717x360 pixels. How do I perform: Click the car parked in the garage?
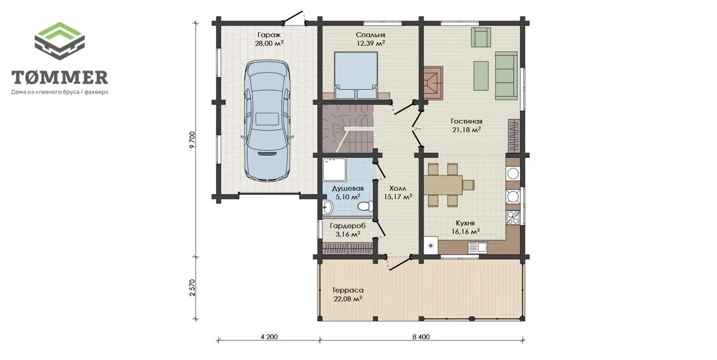coord(267,121)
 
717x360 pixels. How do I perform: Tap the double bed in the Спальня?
coord(356,76)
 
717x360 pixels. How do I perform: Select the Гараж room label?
coord(269,35)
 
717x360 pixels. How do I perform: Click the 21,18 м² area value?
coord(467,129)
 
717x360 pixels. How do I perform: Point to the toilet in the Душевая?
coord(365,206)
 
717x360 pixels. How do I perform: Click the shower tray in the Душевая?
coord(334,170)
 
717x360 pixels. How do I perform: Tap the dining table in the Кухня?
coord(443,185)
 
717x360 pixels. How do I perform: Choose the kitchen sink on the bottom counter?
coord(478,247)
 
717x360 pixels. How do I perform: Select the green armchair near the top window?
coord(481,37)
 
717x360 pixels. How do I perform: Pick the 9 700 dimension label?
coord(192,139)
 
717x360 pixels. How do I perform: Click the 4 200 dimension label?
coord(269,336)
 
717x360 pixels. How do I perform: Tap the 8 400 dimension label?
coord(421,336)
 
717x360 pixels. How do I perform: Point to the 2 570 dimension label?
coord(192,288)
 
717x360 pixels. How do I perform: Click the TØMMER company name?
coord(59,77)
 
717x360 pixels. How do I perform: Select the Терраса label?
coord(348,290)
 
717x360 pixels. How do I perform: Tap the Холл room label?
coord(398,188)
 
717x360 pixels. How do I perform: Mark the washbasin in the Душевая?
coord(328,207)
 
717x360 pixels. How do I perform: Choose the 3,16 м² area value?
coord(348,234)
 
